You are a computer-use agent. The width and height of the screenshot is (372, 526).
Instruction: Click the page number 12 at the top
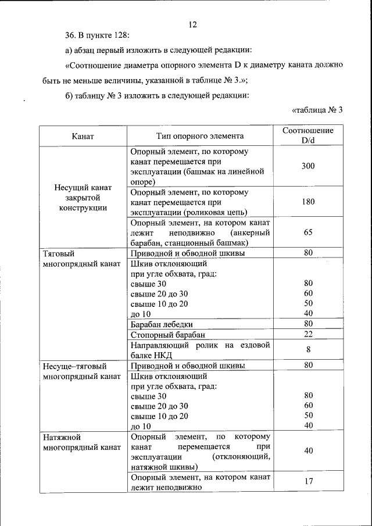193,24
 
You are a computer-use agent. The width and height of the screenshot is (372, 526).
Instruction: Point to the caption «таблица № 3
316,110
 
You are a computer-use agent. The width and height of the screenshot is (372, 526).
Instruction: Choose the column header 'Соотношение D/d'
308,136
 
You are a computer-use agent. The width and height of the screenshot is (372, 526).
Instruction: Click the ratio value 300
308,166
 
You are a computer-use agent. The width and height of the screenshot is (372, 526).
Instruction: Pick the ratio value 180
308,202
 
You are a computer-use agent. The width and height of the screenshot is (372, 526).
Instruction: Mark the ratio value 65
308,232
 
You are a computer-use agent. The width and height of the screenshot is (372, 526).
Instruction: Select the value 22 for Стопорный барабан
308,334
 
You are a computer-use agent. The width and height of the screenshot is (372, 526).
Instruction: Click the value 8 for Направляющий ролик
308,350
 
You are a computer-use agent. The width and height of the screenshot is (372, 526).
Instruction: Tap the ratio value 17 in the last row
308,482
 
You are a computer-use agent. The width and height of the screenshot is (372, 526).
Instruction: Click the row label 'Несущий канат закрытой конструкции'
83,198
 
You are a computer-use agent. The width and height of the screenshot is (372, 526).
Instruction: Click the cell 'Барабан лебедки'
162,324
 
